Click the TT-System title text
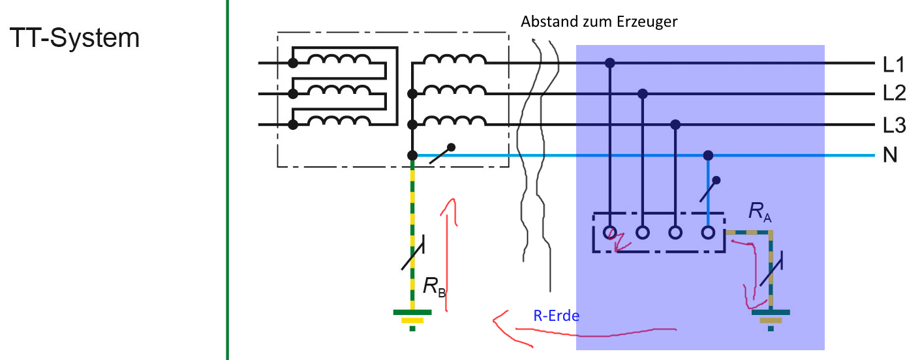click(x=74, y=38)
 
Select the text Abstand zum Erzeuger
click(x=599, y=22)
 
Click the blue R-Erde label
click(x=556, y=316)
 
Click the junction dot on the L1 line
click(x=610, y=63)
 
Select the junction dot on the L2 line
click(x=643, y=94)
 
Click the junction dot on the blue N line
click(x=709, y=155)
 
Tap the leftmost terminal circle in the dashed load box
click(x=610, y=232)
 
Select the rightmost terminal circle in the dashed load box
click(x=709, y=232)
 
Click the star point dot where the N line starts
click(x=412, y=155)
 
